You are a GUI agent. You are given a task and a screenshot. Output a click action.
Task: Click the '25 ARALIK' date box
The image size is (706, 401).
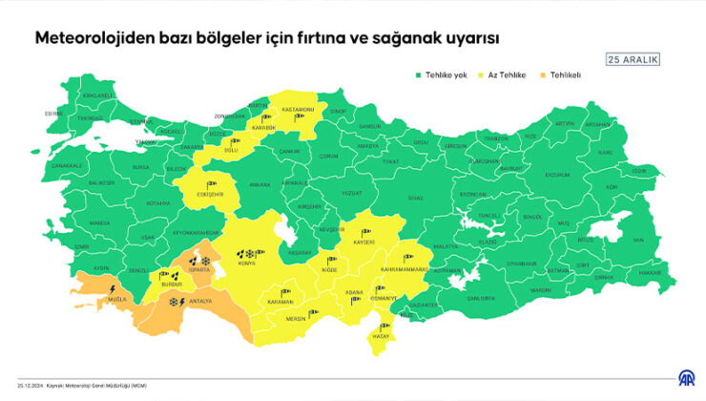(x=633, y=59)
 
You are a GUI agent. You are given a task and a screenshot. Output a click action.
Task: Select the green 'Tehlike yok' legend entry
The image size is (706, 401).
(x=442, y=74)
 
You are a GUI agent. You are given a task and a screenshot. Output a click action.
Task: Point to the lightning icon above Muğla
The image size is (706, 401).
(x=114, y=287)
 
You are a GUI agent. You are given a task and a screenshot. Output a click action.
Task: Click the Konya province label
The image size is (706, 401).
(x=246, y=265)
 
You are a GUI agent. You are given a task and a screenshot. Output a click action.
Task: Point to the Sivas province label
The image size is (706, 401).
(x=414, y=198)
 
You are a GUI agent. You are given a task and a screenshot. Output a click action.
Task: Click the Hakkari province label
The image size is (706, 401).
(x=650, y=272)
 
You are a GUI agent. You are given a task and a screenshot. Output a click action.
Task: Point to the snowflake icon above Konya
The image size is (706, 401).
(x=251, y=254)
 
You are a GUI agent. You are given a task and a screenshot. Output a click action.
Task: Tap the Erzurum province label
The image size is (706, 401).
(x=556, y=175)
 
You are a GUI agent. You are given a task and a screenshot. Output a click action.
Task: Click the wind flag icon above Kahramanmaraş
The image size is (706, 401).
(x=405, y=256)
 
